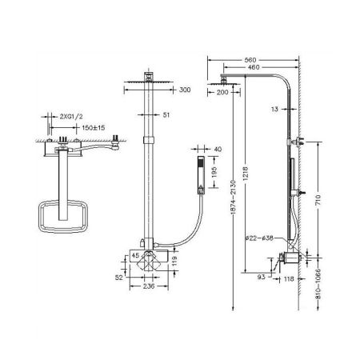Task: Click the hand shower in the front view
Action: pos(201,174)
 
